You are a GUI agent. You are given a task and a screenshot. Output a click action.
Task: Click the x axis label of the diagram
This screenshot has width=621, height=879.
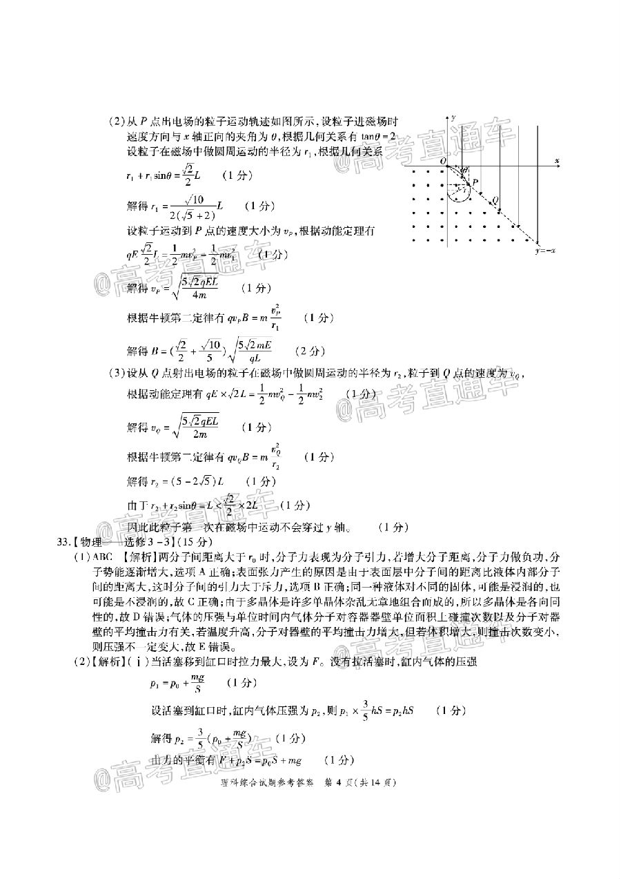point(556,160)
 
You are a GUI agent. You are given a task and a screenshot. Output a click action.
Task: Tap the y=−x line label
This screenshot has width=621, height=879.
point(545,251)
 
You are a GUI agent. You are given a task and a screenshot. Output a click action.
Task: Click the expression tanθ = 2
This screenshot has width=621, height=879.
point(376,137)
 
